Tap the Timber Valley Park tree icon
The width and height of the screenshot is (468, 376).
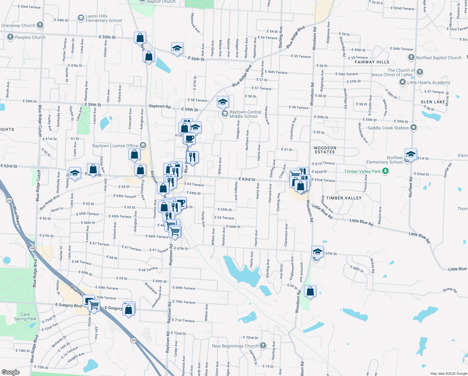[385, 171]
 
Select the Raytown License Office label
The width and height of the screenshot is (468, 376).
[115, 146]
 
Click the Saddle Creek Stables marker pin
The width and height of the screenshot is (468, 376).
[414, 128]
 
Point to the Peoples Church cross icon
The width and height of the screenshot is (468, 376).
[10, 37]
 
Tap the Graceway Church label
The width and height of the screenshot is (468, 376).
[18, 25]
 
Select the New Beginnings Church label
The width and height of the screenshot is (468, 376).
[235, 346]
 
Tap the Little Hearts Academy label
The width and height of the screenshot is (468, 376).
[429, 82]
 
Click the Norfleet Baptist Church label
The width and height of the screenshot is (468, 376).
[439, 58]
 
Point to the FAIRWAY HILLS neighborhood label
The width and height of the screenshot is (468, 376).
[372, 62]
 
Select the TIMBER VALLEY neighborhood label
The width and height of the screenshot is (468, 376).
[344, 198]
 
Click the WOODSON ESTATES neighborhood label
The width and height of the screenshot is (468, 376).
[325, 150]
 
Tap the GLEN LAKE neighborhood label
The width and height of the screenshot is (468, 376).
[433, 102]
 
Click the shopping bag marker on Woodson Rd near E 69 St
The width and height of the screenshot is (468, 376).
[310, 291]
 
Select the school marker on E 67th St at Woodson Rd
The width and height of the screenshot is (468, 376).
[317, 252]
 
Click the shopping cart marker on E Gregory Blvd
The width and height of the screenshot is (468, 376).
[94, 305]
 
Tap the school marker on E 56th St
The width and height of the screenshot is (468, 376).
[177, 49]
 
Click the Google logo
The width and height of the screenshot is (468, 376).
[11, 372]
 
